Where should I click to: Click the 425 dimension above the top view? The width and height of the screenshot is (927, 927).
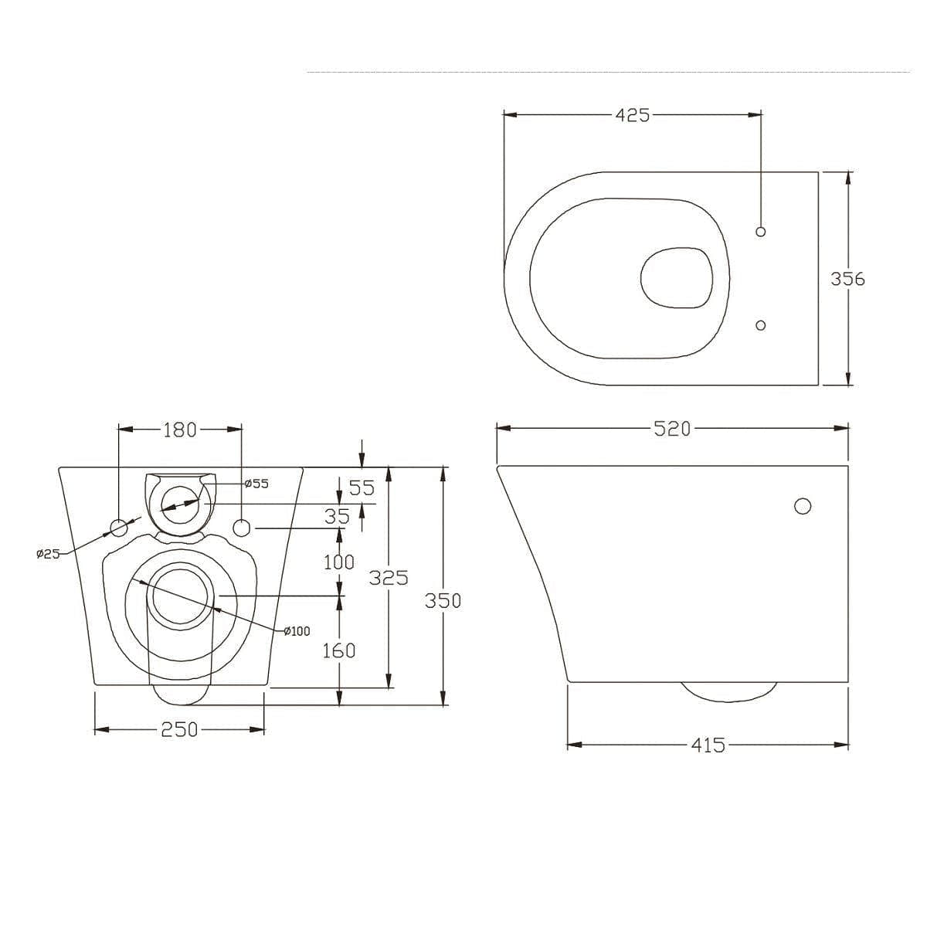(x=632, y=115)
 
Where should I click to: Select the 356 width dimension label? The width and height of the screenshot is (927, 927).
(x=847, y=279)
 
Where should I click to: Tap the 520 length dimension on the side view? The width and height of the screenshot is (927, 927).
(x=672, y=429)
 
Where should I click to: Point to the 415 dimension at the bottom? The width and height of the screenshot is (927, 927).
(x=708, y=745)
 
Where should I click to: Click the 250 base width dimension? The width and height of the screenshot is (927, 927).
(x=179, y=730)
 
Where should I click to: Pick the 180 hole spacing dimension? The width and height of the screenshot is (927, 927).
(x=180, y=430)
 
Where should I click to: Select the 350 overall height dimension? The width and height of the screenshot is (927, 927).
(x=443, y=601)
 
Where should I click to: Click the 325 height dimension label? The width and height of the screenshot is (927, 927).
(x=389, y=577)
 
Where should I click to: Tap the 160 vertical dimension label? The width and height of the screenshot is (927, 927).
(x=339, y=650)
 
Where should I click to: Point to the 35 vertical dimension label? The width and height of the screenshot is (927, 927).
(x=338, y=517)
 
